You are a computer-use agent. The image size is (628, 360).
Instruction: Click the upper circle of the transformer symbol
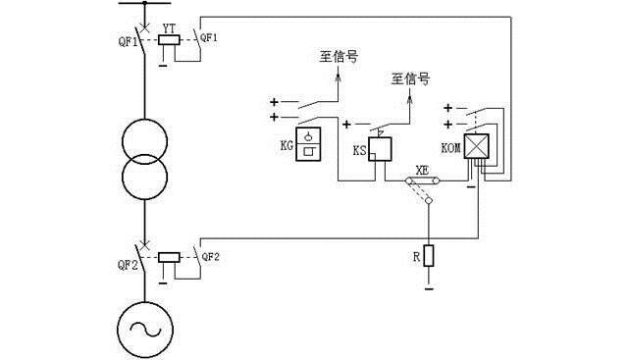coord(144,142)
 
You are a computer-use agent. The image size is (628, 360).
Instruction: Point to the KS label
coord(359,153)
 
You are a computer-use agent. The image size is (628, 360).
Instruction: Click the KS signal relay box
coord(380,149)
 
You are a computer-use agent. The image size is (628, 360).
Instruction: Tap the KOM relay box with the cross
coord(477,147)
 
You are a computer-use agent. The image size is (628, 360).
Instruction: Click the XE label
coord(423,169)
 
